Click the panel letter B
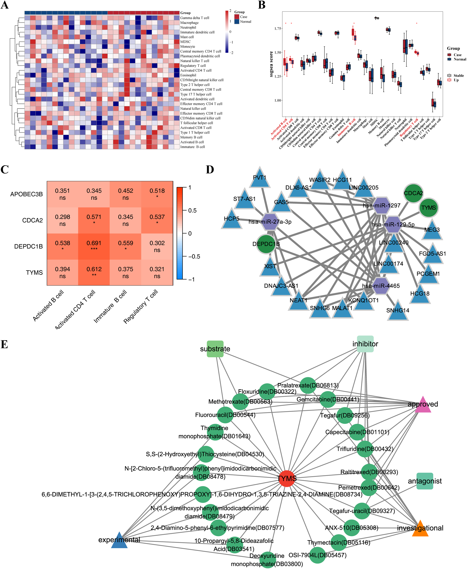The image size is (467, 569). [x=262, y=5]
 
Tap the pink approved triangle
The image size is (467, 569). [x=423, y=405]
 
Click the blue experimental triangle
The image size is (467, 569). [x=119, y=541]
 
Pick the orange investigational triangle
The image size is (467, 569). [x=420, y=529]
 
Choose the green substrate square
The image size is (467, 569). [x=215, y=349]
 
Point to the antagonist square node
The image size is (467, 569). [x=424, y=481]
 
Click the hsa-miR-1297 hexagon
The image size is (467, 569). [x=381, y=205]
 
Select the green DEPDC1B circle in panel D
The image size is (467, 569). [x=266, y=244]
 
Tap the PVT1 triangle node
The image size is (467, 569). [x=260, y=178]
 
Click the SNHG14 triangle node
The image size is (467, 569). [x=397, y=311]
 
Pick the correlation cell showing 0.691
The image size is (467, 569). [x=94, y=246]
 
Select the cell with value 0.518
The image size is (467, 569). [x=157, y=194]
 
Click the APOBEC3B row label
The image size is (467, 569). [x=26, y=194]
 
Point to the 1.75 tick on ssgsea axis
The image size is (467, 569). [x=278, y=28]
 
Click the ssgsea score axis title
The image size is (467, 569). [x=271, y=64]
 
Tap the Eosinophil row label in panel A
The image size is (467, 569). [x=188, y=75]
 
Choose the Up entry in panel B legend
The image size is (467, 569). [x=456, y=80]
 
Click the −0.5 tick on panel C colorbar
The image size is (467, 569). [x=194, y=256]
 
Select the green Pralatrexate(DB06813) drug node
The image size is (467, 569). [x=308, y=385]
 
